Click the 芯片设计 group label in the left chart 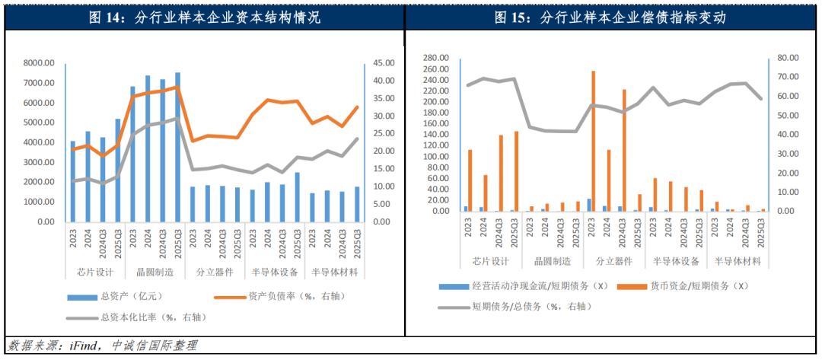point(95,271)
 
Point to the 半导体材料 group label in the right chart point(737,261)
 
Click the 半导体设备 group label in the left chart point(274,271)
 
